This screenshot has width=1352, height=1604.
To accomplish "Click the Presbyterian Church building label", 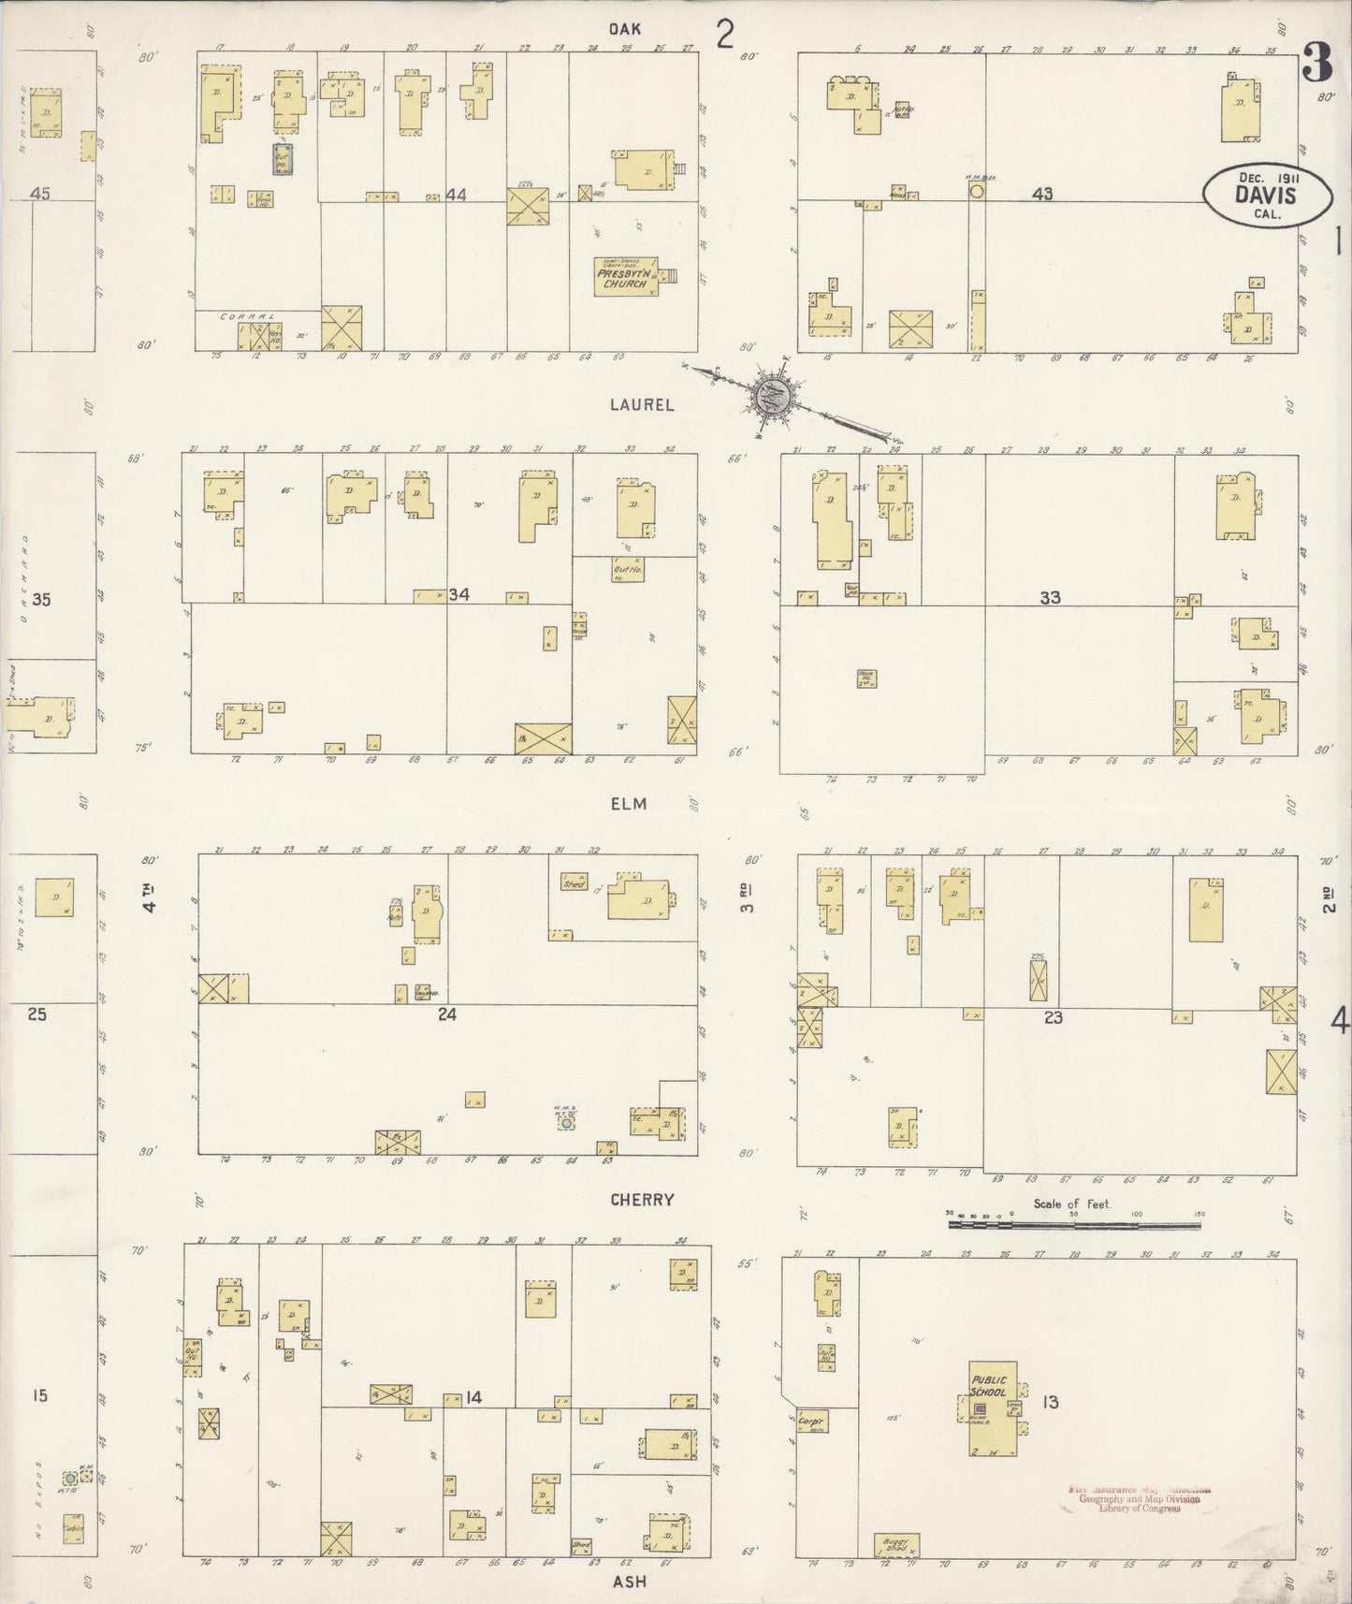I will click(622, 278).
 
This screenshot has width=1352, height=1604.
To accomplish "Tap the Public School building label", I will click(988, 1386).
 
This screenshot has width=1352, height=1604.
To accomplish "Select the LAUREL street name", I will click(642, 405).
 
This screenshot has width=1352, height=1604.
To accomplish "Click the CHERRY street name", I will click(641, 1200).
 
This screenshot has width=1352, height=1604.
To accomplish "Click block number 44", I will click(457, 195).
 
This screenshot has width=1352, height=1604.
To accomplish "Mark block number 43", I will click(1043, 194).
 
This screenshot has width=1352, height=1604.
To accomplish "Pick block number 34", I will click(458, 594).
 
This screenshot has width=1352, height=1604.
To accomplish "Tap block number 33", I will click(1050, 597).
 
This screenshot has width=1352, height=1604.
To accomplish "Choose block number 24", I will click(447, 1015).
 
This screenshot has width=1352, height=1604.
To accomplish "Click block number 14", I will click(474, 1397).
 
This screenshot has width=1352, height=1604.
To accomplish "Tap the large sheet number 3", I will click(1316, 65).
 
